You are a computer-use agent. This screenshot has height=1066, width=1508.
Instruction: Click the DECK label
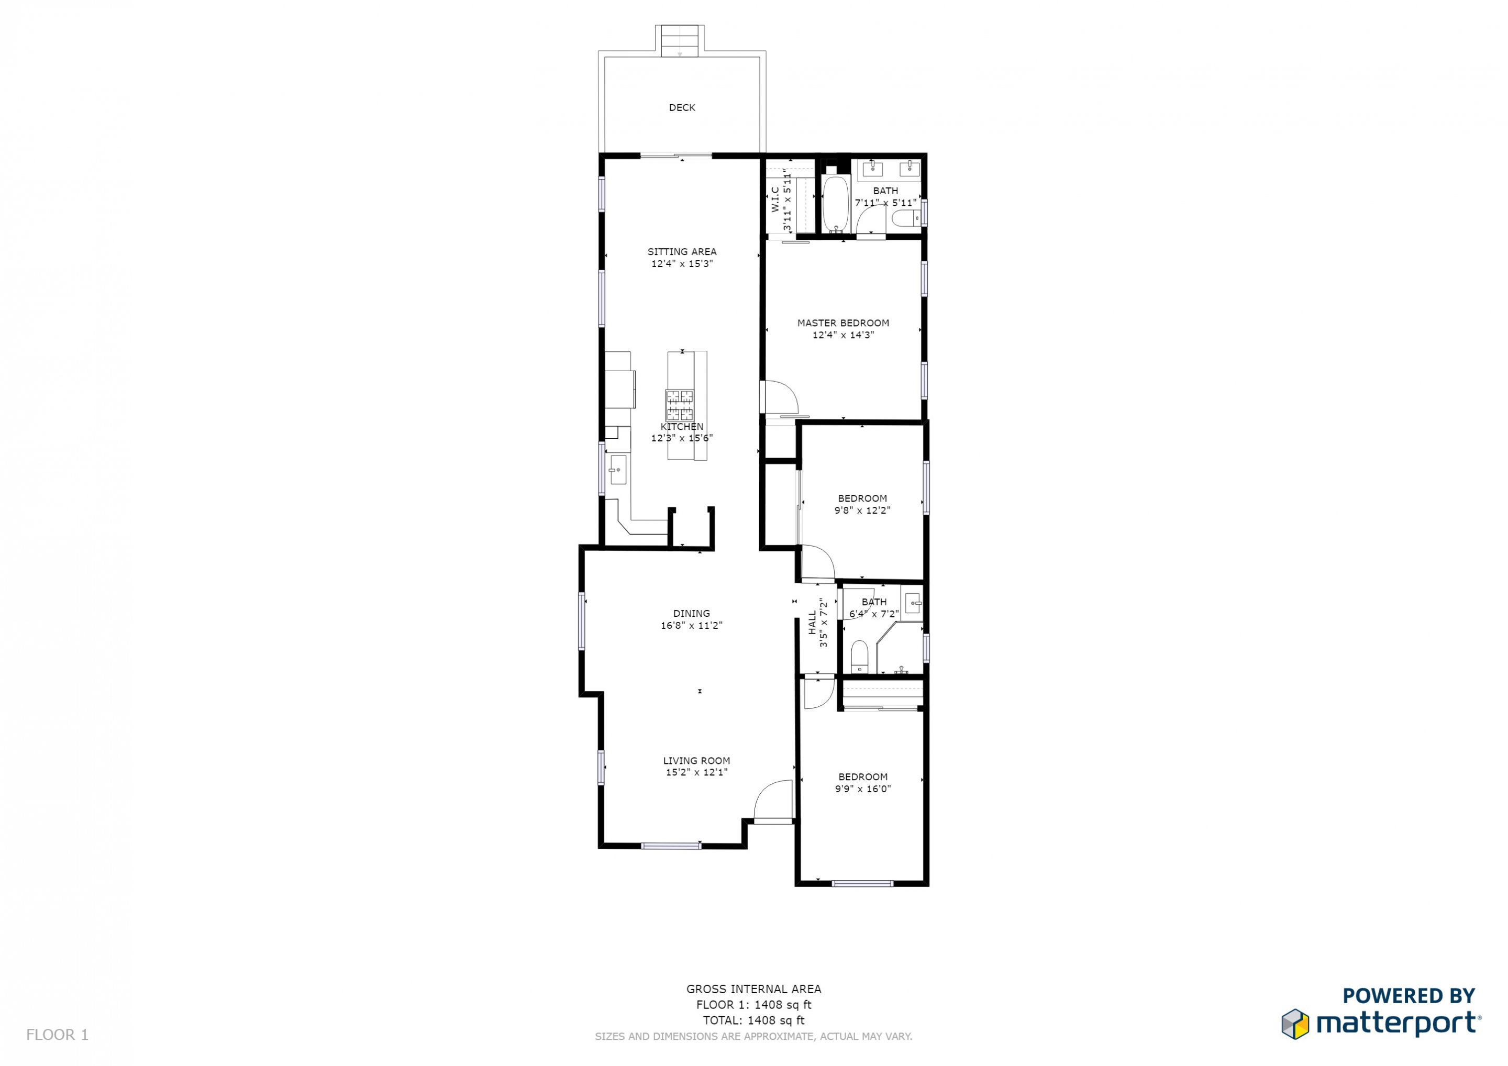tap(682, 108)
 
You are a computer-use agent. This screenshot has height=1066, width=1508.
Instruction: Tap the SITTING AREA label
tap(682, 251)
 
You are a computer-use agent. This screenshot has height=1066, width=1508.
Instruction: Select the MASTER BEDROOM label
tap(844, 323)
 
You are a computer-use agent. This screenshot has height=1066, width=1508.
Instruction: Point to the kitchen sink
tap(158, 470)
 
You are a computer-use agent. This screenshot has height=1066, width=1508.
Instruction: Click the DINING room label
tap(692, 614)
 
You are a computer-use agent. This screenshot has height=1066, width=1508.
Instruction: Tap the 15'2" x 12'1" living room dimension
tap(697, 772)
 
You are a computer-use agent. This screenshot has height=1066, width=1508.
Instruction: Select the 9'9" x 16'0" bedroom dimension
tap(863, 789)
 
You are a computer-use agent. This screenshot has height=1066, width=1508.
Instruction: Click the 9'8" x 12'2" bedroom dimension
tap(862, 510)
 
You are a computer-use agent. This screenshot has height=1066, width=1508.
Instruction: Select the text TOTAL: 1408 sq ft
tap(753, 1020)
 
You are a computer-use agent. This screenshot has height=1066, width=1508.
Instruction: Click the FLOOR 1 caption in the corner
tap(57, 1035)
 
